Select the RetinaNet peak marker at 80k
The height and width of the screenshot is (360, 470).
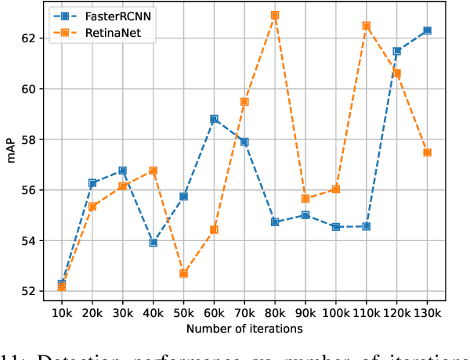coord(275,15)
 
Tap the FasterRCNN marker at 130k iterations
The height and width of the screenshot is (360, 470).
coord(427,31)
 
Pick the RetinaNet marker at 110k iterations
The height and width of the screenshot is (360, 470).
coord(366,26)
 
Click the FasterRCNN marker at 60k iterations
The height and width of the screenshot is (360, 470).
coord(214,119)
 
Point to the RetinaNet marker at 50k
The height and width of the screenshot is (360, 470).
coord(183,273)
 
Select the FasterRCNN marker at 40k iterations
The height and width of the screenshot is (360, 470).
coord(154,243)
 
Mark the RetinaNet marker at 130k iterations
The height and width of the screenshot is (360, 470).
coord(427,153)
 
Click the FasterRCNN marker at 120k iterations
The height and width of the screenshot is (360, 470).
coord(396,51)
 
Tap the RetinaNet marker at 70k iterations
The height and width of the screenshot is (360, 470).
coord(244,102)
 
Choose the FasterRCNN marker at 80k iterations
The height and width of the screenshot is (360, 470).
coord(275,222)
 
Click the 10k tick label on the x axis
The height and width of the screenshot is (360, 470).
coord(61,311)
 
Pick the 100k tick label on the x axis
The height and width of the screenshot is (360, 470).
coord(335,311)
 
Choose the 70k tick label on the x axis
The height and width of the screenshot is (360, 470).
coord(244,311)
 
